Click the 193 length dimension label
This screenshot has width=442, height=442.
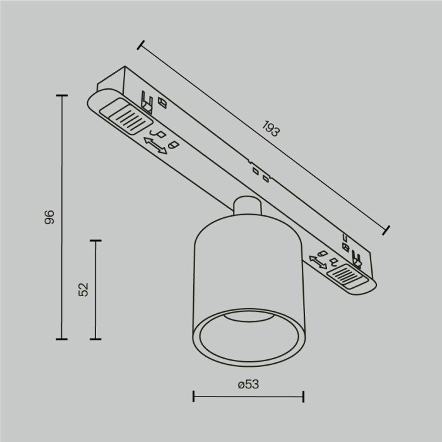270,130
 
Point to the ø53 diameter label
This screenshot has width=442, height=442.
249,383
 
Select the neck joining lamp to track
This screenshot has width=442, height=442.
246,209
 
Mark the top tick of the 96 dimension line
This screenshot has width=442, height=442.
61,95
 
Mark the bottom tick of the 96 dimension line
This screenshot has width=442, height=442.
61,339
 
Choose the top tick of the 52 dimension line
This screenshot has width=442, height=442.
96,241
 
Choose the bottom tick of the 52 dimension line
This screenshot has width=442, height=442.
96,339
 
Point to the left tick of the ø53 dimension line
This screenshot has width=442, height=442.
193,397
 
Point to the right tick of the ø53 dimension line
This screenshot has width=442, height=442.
304,397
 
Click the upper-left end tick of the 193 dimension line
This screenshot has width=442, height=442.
140,45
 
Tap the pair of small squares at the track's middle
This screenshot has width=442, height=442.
260,174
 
